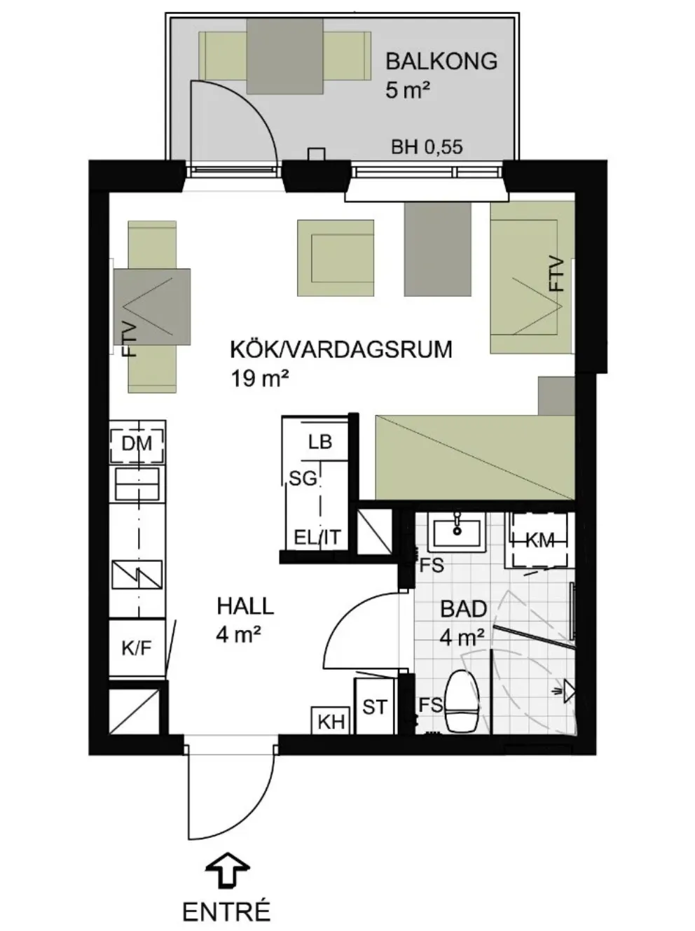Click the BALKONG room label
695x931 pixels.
point(441,61)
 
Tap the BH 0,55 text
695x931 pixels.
point(427,147)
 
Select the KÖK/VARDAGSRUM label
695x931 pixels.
point(341,349)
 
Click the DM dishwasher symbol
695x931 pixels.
point(137,443)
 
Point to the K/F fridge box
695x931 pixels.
point(137,648)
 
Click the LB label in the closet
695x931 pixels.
point(319,442)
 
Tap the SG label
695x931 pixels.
point(303,479)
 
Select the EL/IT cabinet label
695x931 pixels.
point(317,538)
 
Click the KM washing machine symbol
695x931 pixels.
point(539,540)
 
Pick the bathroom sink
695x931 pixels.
point(457,533)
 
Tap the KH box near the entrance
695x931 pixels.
point(331,722)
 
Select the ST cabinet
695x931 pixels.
point(375,706)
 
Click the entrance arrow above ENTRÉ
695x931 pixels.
point(228,869)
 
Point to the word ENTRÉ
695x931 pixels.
point(226,912)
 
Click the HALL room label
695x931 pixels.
point(245,605)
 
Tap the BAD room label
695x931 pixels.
point(463,609)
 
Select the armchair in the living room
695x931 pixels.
point(336,258)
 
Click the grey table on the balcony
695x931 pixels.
point(284,56)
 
